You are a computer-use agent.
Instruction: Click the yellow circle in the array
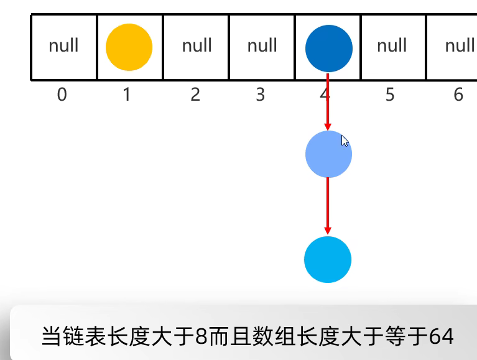tap(129, 48)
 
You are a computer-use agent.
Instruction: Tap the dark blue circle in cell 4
tap(329, 48)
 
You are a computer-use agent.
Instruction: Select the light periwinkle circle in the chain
tap(328, 154)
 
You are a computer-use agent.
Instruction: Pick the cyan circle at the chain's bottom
tap(328, 259)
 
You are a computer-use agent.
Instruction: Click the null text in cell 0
tap(63, 45)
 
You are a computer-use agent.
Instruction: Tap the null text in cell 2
tap(197, 45)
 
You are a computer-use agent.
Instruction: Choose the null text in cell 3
tap(262, 45)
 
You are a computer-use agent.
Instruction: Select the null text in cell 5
tap(392, 45)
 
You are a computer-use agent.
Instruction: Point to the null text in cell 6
tap(460, 45)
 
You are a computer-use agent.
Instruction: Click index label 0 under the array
tap(62, 95)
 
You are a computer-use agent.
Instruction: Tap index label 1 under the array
tap(127, 95)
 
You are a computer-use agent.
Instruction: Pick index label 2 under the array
tap(195, 95)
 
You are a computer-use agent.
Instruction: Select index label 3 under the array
tap(261, 95)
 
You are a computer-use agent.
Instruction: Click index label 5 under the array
tap(390, 95)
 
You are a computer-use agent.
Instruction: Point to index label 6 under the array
tap(458, 95)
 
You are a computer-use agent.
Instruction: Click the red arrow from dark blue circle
tap(328, 103)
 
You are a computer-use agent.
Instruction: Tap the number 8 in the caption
tap(201, 336)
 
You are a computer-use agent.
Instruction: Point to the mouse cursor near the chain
tap(345, 141)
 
